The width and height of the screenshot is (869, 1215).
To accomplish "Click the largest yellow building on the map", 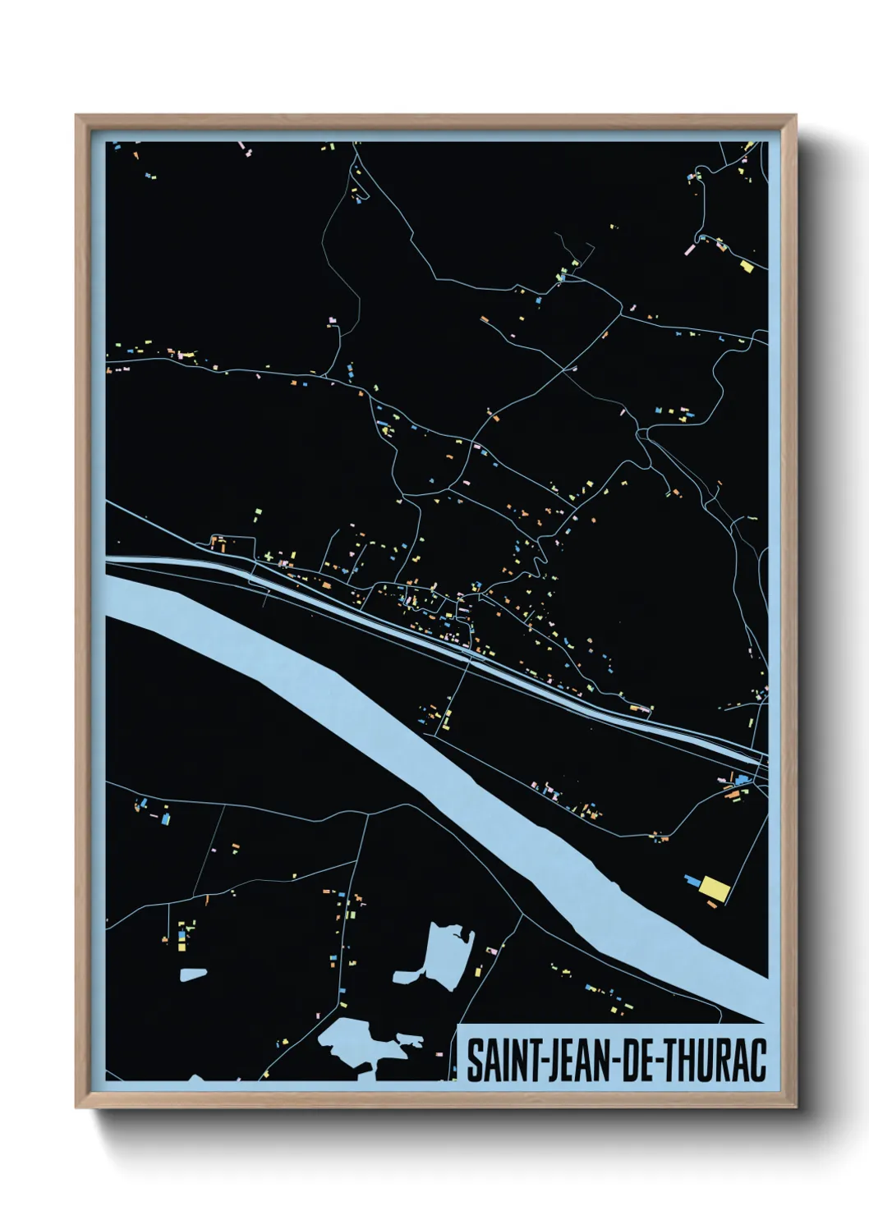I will tap(715, 889).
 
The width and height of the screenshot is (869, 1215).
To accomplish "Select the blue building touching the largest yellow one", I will tap(694, 883).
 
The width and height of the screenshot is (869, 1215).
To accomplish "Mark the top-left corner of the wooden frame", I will tap(76, 116).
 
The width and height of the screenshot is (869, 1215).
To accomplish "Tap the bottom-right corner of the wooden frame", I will tap(795, 1107).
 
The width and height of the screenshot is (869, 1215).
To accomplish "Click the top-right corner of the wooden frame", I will tap(795, 116).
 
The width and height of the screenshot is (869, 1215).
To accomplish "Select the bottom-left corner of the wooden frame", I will tap(76, 1107).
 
